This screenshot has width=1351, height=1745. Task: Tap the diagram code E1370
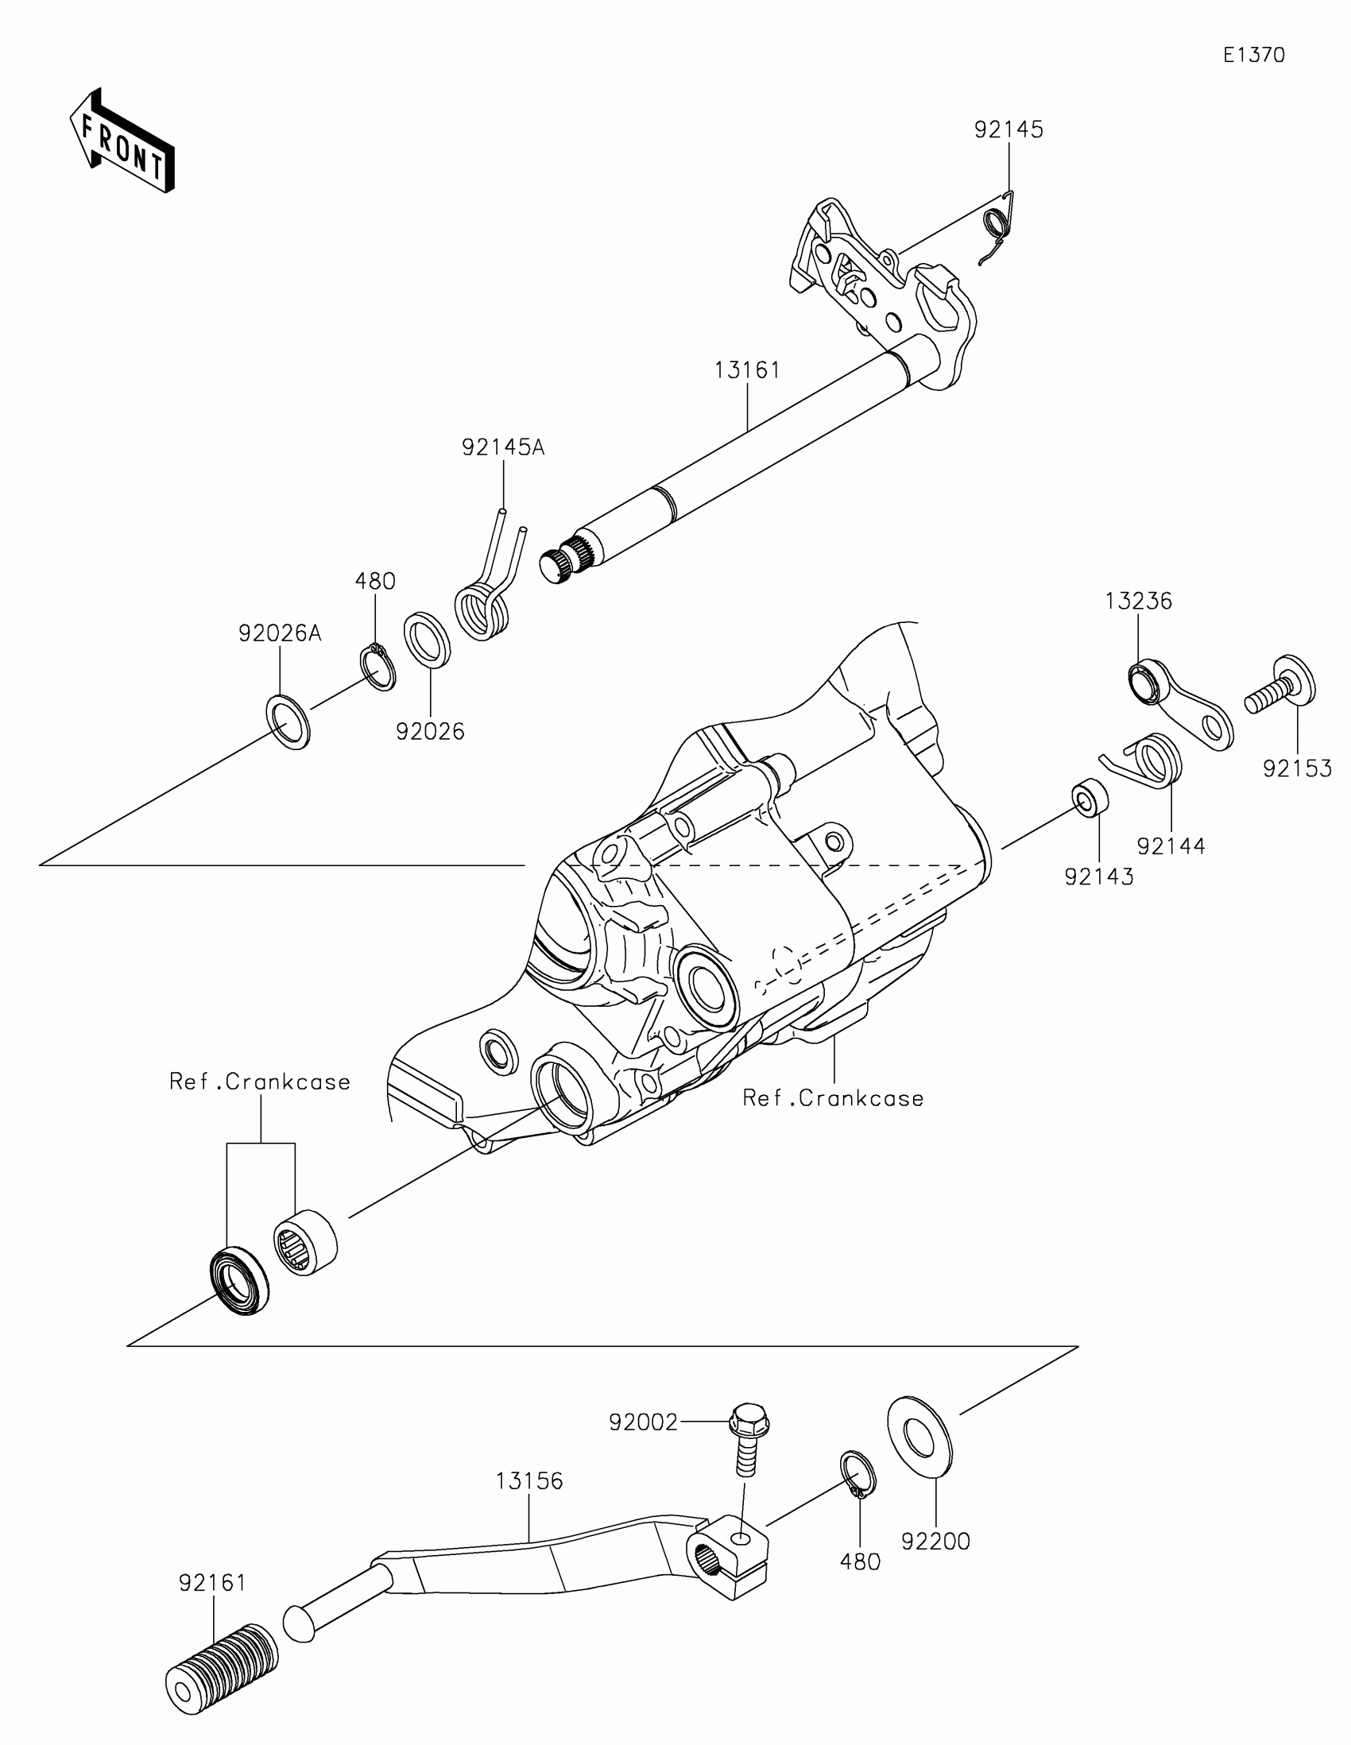coord(1253,55)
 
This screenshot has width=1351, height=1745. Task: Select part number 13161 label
coord(746,370)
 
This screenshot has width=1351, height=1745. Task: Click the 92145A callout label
coord(502,447)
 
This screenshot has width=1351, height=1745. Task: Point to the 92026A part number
coord(280,633)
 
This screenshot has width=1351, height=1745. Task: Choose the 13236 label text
coord(1138,601)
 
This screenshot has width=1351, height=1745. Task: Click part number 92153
coord(1297,768)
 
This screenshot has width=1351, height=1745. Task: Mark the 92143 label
coord(1098,876)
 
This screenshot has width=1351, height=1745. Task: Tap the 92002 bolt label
coord(642,1422)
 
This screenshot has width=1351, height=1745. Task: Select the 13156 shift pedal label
coord(529,1480)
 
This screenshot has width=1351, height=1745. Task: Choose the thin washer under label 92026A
coord(287,722)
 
